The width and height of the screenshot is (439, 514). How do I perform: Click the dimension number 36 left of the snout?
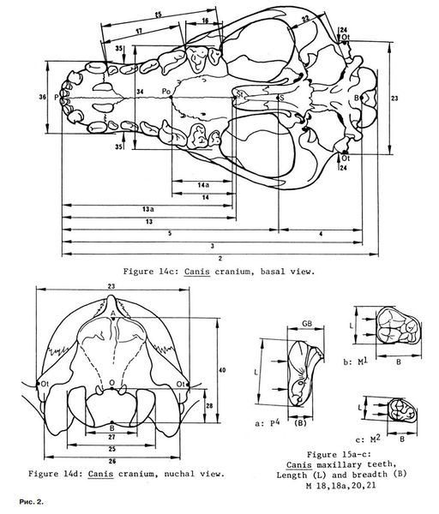[42, 98]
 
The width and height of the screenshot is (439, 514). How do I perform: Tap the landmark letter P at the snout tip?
[57, 98]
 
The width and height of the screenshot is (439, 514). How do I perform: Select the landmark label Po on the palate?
[166, 92]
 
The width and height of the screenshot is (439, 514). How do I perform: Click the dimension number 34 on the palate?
[140, 93]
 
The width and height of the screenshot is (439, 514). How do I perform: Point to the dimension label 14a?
[203, 185]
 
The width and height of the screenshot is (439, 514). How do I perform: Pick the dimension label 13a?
[148, 209]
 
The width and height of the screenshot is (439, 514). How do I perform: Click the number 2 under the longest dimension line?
[220, 259]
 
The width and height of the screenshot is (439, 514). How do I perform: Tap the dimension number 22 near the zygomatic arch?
[305, 19]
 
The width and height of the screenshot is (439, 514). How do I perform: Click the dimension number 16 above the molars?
[205, 21]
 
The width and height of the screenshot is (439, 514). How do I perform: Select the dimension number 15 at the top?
[158, 15]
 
